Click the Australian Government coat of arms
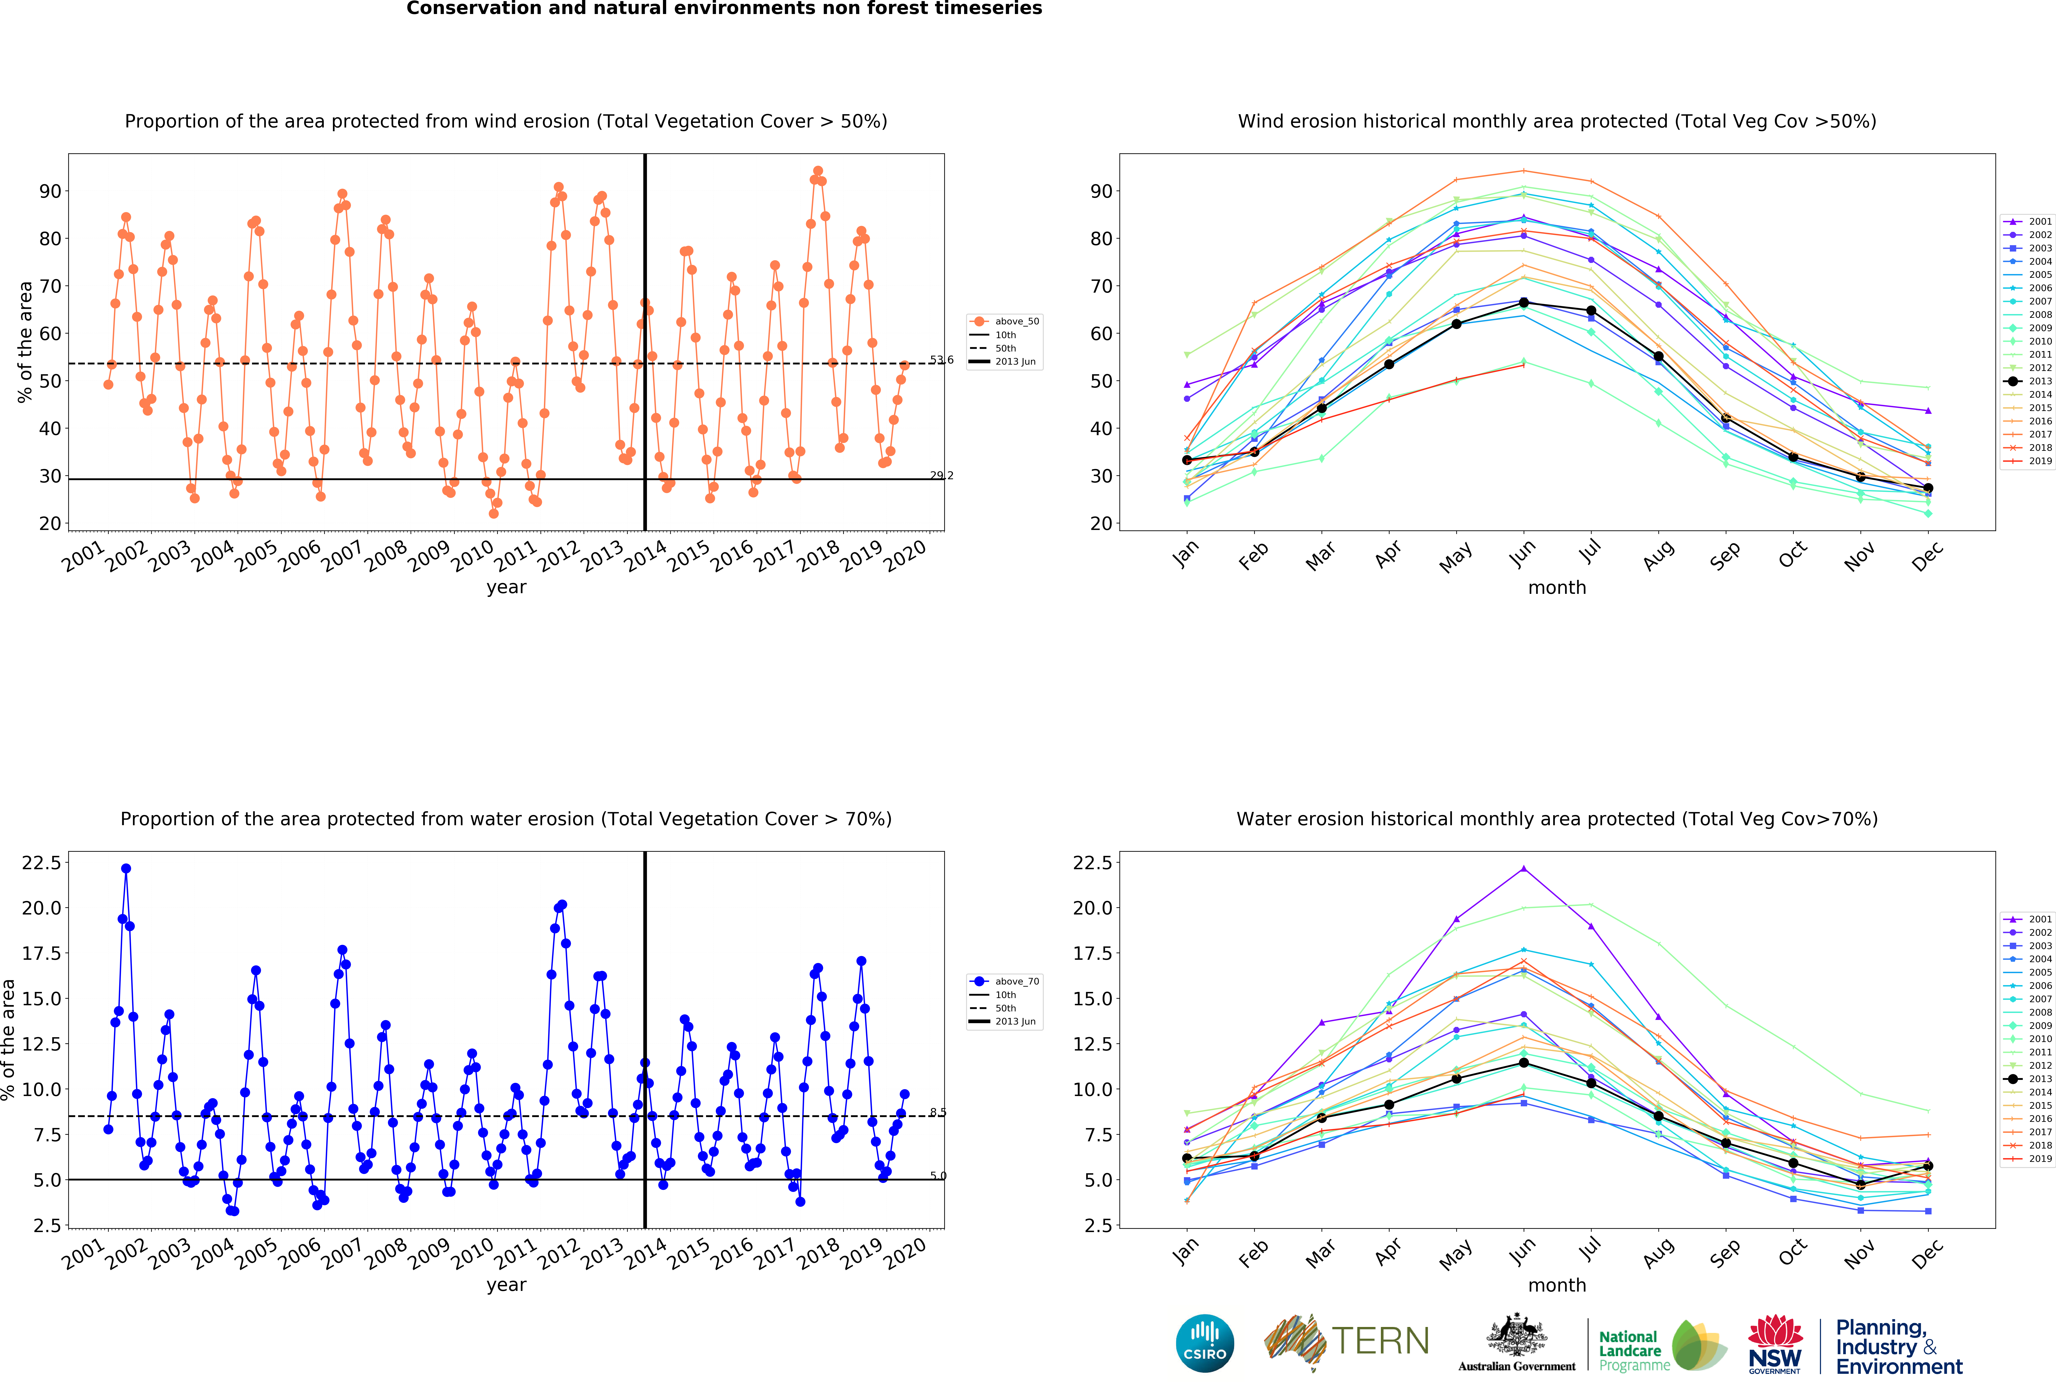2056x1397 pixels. point(1516,1336)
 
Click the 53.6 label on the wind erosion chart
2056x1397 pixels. point(941,360)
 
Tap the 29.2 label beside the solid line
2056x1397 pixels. point(941,476)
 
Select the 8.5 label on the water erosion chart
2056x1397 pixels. point(938,1112)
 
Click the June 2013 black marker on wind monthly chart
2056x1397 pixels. point(1523,302)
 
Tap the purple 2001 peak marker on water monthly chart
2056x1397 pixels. point(1523,869)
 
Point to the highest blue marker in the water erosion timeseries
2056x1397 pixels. point(126,869)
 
